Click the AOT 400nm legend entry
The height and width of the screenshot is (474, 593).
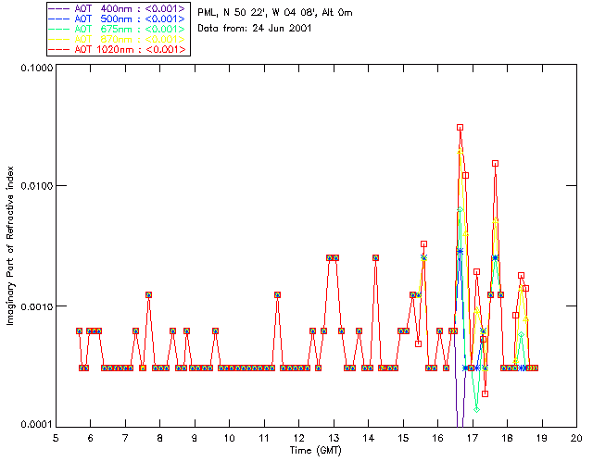pos(118,8)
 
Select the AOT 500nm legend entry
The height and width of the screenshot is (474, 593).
pos(118,19)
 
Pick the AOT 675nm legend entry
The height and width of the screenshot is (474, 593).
pos(118,29)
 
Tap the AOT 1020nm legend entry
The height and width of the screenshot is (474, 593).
pos(118,49)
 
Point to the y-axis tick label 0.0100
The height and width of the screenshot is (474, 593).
pos(34,187)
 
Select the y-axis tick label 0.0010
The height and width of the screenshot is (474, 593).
pos(34,306)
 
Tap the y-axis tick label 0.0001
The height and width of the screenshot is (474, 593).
pos(34,425)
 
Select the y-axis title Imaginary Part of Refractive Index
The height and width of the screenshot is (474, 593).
pos(11,246)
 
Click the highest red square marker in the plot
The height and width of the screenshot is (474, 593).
pos(460,127)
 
